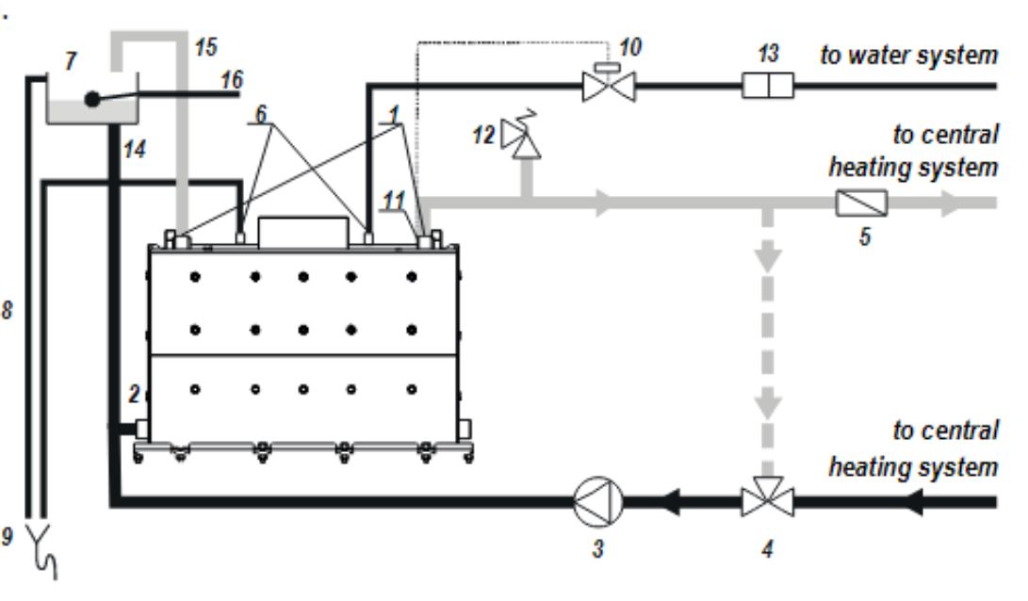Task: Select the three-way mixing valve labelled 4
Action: [768, 498]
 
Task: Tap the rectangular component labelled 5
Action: [861, 203]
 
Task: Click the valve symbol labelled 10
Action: [609, 83]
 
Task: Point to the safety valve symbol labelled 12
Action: [521, 137]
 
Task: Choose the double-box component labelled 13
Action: [768, 85]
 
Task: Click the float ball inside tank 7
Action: [92, 99]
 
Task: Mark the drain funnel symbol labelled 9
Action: [43, 549]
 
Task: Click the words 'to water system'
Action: [908, 55]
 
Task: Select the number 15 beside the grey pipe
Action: [205, 47]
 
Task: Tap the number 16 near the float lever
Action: [232, 80]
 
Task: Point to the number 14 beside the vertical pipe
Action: [135, 149]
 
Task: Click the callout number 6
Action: [261, 113]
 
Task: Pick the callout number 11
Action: [394, 201]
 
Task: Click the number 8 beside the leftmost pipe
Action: [8, 309]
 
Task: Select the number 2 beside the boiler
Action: [134, 393]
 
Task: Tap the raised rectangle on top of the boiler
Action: [302, 233]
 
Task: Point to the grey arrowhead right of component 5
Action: [952, 203]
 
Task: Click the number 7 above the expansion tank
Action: [70, 60]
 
